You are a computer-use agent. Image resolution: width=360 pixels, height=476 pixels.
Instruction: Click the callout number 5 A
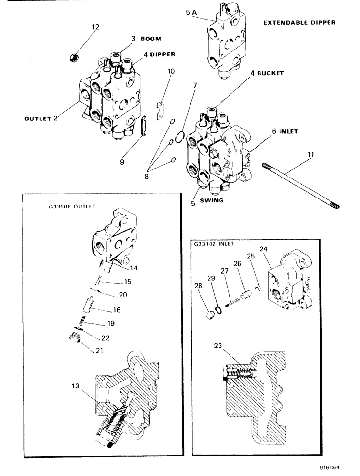pyautogui.click(x=191, y=14)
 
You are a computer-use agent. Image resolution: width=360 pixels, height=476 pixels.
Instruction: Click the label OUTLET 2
pyautogui.click(x=41, y=119)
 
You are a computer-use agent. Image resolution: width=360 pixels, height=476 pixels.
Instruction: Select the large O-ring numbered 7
pyautogui.click(x=179, y=137)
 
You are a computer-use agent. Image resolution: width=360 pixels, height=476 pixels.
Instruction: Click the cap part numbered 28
pyautogui.click(x=209, y=315)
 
